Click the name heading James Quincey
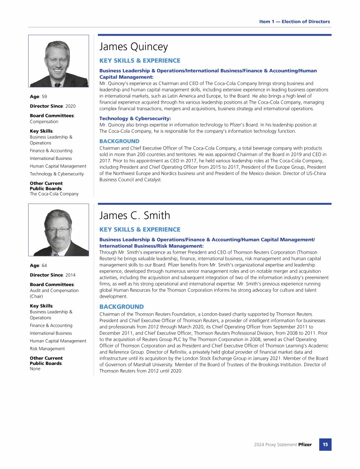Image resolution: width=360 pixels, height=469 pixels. point(134,47)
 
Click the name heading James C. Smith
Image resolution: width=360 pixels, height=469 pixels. point(135,216)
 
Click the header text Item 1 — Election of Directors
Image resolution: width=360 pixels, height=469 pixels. point(294,22)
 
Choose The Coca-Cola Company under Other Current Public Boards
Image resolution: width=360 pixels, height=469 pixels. point(54,194)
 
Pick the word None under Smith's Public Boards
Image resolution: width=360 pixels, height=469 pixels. point(35,369)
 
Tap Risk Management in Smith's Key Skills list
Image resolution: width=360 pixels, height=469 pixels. point(47,349)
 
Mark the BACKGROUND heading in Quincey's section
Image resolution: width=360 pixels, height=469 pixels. point(120,141)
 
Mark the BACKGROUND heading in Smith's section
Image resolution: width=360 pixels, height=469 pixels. point(120,307)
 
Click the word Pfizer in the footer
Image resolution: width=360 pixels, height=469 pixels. point(305,445)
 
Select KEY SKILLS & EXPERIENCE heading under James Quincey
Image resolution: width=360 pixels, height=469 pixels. point(140,61)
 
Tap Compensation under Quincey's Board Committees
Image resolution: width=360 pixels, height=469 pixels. point(44,121)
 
